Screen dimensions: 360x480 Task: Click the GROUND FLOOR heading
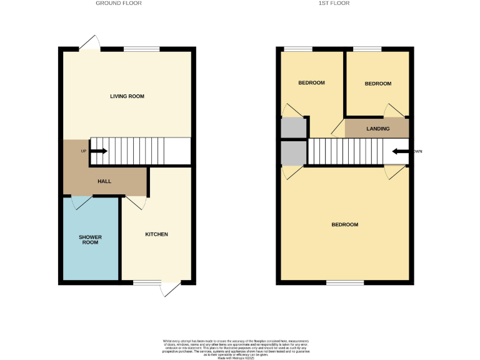[118, 3]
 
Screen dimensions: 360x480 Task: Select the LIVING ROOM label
[127, 96]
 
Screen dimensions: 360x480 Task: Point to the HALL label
[104, 181]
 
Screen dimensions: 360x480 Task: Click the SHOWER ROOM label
[90, 240]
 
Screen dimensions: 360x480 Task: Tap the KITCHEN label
[156, 234]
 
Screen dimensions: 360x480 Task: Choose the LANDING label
[377, 129]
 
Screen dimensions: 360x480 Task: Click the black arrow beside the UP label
[99, 151]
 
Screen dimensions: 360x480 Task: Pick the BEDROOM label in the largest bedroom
[344, 224]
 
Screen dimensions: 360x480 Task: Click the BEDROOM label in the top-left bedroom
[311, 83]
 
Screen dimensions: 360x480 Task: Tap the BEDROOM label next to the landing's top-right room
[377, 84]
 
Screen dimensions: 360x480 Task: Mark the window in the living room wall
[141, 49]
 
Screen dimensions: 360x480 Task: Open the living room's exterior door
[89, 42]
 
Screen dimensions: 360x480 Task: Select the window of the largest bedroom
[344, 282]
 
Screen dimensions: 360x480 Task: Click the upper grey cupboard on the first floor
[293, 127]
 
